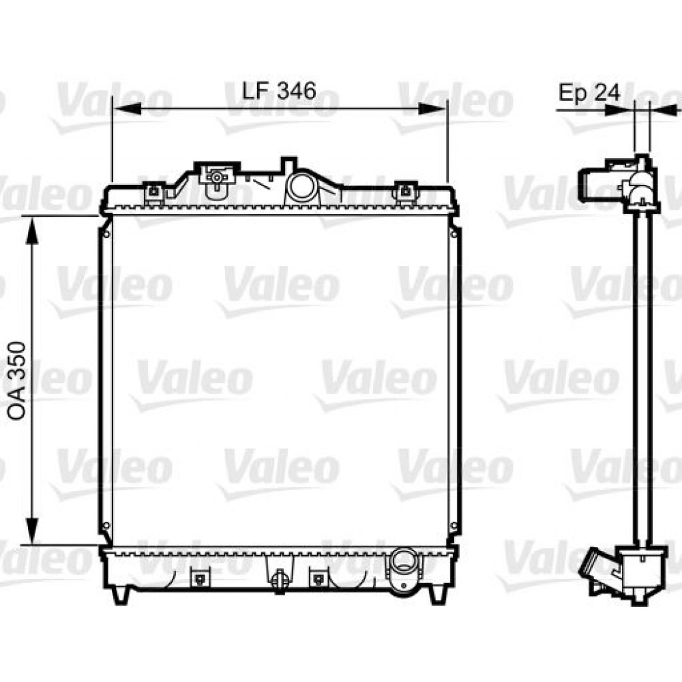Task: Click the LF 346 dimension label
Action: point(279,90)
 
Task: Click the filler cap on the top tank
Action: point(216,177)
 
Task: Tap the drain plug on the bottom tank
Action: point(278,580)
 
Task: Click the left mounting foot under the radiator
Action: point(120,594)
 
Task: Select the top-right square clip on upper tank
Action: point(406,192)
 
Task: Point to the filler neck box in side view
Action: point(593,181)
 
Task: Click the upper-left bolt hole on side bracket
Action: point(106,234)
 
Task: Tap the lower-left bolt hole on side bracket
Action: point(106,526)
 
